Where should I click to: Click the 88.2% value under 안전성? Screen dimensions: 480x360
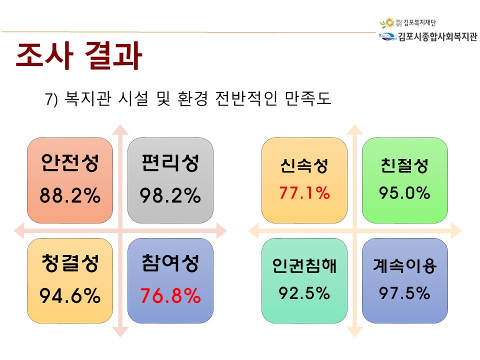click(x=70, y=195)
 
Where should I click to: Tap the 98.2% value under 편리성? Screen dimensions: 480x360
click(x=170, y=195)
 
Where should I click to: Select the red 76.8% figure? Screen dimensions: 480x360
click(x=170, y=295)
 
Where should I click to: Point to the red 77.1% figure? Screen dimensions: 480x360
click(x=304, y=193)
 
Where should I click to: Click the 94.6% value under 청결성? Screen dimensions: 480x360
click(x=70, y=295)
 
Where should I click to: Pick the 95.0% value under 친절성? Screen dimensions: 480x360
click(x=404, y=193)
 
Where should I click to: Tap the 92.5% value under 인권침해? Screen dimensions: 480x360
click(x=304, y=293)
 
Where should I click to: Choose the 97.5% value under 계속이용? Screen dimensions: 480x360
click(x=404, y=293)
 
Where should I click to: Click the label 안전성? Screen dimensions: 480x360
click(x=70, y=163)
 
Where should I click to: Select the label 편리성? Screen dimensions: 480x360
click(x=170, y=163)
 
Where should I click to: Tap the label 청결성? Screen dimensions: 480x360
click(x=70, y=263)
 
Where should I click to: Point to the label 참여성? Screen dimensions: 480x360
click(x=170, y=263)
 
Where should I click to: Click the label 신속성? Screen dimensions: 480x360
click(x=304, y=165)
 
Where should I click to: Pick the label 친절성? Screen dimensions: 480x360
click(x=404, y=165)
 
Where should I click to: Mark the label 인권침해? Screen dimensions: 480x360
click(x=304, y=265)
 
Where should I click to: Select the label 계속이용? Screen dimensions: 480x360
click(x=404, y=265)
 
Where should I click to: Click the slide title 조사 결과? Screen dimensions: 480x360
click(x=79, y=55)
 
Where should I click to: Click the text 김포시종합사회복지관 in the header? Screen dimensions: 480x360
click(x=437, y=36)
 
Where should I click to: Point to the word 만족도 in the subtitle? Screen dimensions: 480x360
click(x=308, y=98)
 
